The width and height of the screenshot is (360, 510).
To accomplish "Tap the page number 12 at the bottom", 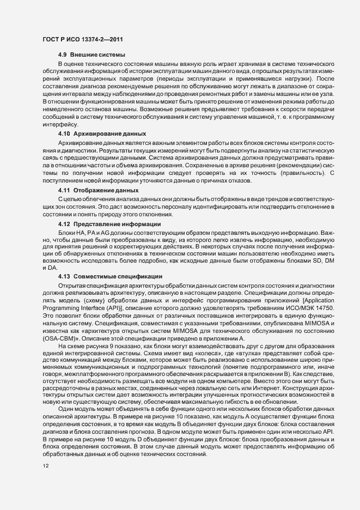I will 45,466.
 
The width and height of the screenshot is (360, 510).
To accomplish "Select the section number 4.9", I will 63,56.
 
